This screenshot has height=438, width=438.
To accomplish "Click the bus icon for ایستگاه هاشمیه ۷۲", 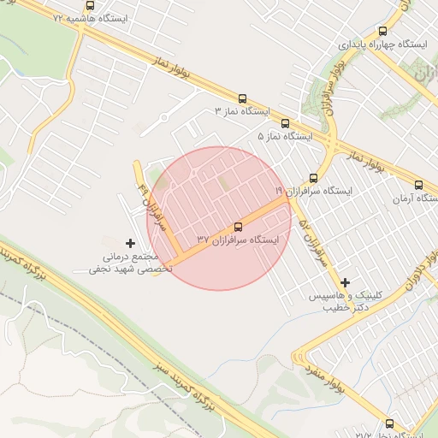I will point(90,5).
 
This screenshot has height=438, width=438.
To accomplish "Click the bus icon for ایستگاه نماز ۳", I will point(242,99).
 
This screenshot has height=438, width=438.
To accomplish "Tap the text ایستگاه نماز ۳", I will point(241,111).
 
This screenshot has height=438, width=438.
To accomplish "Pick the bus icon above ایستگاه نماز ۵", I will point(285,123).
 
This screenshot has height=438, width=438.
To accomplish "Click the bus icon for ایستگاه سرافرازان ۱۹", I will point(313,178).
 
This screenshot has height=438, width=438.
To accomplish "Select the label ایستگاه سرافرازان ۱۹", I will point(313,191).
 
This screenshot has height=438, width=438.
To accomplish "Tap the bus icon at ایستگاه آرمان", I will point(418,185).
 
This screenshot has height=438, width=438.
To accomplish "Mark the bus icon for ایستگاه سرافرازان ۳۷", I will point(238,227).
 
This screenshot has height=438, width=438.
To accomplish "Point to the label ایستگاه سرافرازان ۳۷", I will point(239,240).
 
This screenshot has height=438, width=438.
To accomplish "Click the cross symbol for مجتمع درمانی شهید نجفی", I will point(130,244).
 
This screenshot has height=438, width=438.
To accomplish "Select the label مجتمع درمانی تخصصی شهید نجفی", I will point(130,262).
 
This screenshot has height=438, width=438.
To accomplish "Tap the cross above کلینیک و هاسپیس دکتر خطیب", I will point(345,282).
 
